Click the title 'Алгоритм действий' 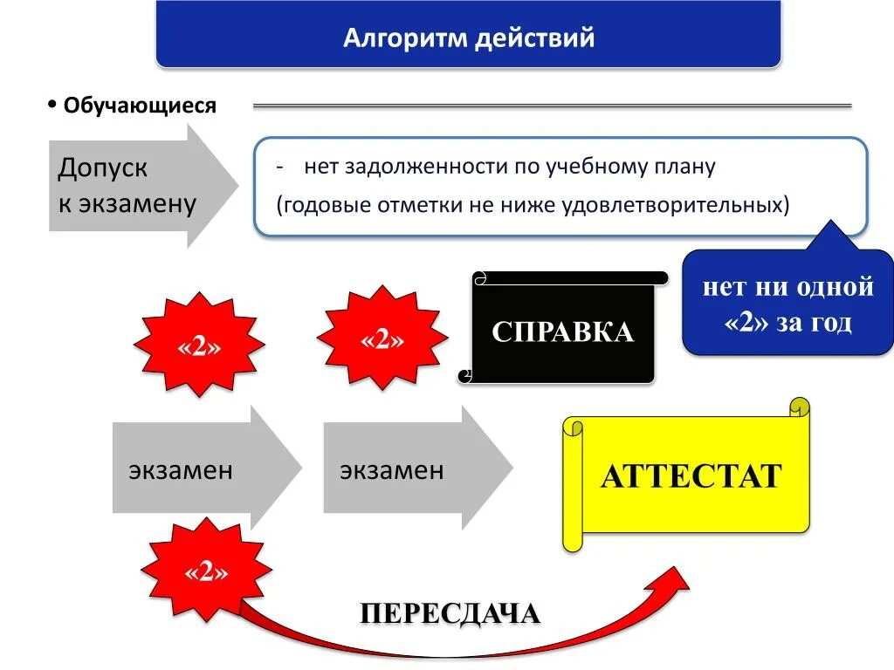(x=468, y=38)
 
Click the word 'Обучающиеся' (x=140, y=106)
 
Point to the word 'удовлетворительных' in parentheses (x=689, y=205)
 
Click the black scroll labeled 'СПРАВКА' (x=562, y=331)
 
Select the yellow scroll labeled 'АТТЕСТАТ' (x=690, y=476)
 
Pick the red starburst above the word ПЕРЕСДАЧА (x=207, y=572)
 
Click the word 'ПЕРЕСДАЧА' (x=450, y=613)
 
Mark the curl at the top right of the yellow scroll (x=798, y=408)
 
